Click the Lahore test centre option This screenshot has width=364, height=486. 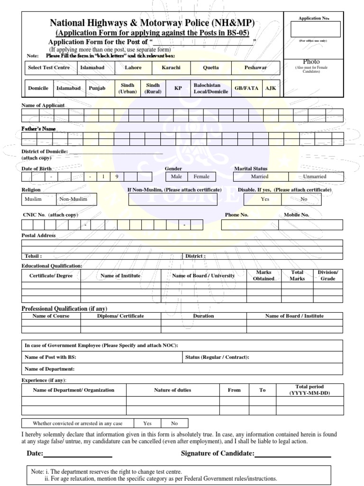coord(133,68)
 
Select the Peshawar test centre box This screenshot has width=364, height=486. coord(255,68)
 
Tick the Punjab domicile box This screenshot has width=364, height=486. coord(97,88)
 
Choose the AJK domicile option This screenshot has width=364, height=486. coord(270,88)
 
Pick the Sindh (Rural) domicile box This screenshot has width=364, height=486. coord(153,88)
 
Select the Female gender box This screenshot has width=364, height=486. coord(201,177)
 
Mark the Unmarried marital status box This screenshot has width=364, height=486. coord(315,177)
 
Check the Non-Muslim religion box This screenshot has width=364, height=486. coord(76,199)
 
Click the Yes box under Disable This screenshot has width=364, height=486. coord(264,199)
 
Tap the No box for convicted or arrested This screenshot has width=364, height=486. coord(174,423)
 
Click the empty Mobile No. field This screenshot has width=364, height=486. coord(310,224)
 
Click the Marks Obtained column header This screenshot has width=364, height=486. coord(263,276)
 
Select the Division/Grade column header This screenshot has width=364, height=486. coord(328,276)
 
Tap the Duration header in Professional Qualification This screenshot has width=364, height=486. coord(203,316)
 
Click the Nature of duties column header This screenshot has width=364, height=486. coord(173,390)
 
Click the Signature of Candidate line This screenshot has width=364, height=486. coord(292,457)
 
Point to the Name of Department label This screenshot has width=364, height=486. coord(49,369)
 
